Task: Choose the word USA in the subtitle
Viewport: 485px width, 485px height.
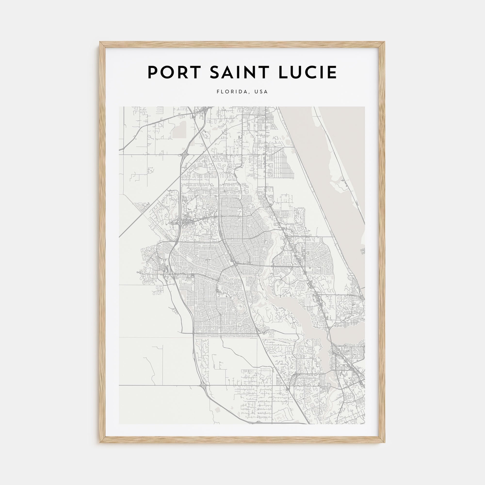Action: pyautogui.click(x=261, y=92)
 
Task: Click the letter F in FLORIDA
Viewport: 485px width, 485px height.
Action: pyautogui.click(x=218, y=92)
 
